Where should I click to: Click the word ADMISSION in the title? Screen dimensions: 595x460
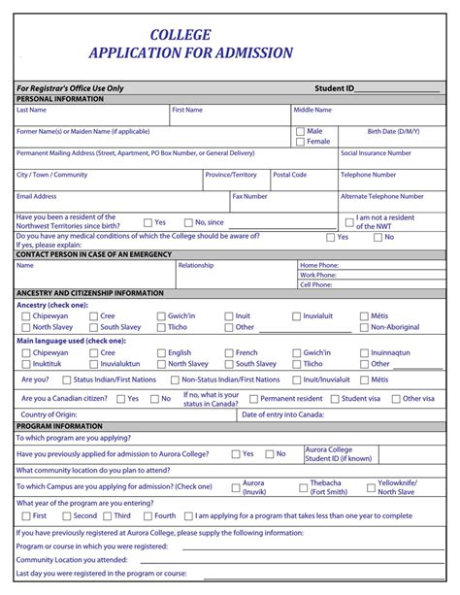click(x=242, y=52)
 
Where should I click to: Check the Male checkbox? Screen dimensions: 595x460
click(x=300, y=131)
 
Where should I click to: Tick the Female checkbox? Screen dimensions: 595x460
click(x=300, y=142)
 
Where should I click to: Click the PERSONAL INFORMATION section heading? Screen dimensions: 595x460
click(x=60, y=99)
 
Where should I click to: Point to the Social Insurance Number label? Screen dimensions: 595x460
click(x=376, y=152)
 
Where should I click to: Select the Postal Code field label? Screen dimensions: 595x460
click(x=289, y=175)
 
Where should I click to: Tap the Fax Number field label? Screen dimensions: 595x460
click(x=249, y=196)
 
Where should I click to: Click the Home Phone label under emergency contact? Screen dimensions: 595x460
click(x=319, y=265)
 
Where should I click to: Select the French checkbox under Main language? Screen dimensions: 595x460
click(x=228, y=353)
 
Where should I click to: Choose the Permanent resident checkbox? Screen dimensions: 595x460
click(x=252, y=399)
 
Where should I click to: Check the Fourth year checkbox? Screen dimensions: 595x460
click(x=147, y=516)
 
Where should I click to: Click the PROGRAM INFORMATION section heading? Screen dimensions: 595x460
click(x=60, y=426)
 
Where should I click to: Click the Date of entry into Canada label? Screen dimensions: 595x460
click(x=282, y=414)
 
